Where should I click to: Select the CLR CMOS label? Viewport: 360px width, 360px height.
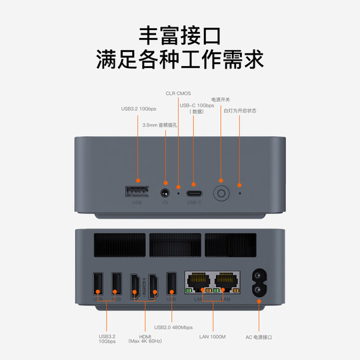(178, 94)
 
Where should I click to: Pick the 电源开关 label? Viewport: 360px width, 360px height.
(221, 99)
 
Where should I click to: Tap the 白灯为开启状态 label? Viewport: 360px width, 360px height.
(240, 111)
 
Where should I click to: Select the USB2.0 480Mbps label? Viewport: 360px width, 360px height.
(173, 327)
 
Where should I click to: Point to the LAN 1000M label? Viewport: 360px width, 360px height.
(213, 337)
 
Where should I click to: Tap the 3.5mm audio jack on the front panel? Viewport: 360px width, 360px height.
(165, 193)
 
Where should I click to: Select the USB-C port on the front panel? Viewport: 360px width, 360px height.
(194, 194)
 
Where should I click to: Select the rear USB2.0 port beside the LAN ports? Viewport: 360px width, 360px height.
(171, 283)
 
